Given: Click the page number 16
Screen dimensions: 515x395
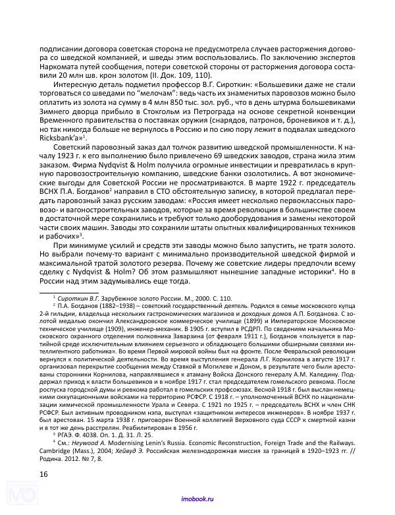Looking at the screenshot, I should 44,473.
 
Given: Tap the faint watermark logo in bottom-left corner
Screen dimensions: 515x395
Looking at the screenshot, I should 16,495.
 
